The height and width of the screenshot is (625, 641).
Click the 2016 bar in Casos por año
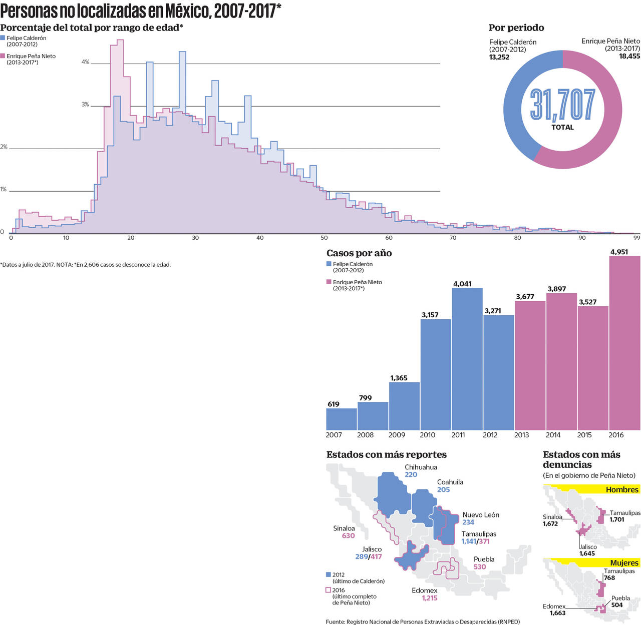pyautogui.click(x=624, y=343)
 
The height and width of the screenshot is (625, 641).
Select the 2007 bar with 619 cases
pyautogui.click(x=342, y=419)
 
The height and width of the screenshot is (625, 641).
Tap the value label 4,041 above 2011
pyautogui.click(x=462, y=284)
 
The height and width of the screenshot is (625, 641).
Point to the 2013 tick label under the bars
pyautogui.click(x=521, y=435)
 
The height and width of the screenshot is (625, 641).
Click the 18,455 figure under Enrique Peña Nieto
pyautogui.click(x=629, y=56)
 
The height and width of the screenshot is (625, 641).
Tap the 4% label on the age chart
pyautogui.click(x=85, y=62)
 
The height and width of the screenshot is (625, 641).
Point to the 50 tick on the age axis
pyautogui.click(x=324, y=238)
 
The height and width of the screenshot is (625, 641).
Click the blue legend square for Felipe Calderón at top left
pyautogui.click(x=3, y=38)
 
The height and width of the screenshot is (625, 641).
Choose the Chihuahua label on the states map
pyautogui.click(x=421, y=467)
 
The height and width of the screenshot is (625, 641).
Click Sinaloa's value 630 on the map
pyautogui.click(x=348, y=535)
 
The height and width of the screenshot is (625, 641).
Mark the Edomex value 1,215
pyautogui.click(x=429, y=598)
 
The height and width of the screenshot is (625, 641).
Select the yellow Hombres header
pyautogui.click(x=591, y=489)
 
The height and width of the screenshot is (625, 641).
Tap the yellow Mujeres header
pyautogui.click(x=591, y=562)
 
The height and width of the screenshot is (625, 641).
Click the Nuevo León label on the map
pyautogui.click(x=480, y=514)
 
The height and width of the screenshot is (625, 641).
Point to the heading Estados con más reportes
pyautogui.click(x=386, y=454)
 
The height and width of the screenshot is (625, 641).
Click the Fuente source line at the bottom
pyautogui.click(x=423, y=621)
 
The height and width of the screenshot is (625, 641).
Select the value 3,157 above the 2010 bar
pyautogui.click(x=430, y=315)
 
